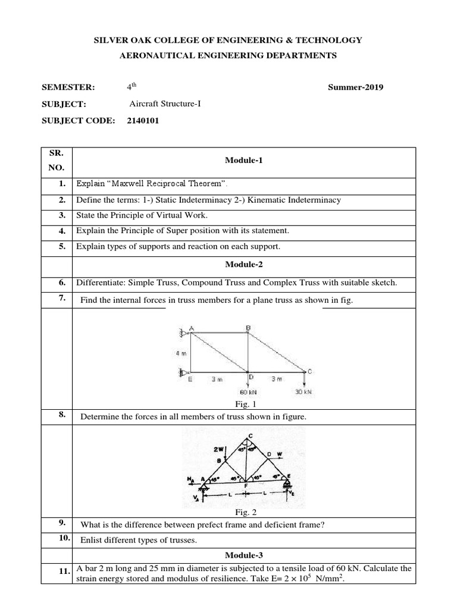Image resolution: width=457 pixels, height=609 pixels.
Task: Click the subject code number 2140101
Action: (143, 121)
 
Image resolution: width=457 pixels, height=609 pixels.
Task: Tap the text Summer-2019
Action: (356, 87)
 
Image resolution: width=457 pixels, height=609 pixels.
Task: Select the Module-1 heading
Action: (242, 161)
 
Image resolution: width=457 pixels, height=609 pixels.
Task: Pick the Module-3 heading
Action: (242, 554)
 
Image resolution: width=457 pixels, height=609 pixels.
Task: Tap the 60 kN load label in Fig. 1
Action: (247, 393)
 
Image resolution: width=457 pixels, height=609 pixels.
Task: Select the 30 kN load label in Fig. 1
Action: (303, 393)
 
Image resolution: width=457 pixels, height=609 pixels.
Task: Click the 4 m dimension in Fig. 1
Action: (180, 353)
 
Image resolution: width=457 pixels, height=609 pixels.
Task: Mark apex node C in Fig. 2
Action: (250, 436)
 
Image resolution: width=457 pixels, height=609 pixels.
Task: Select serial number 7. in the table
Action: (61, 298)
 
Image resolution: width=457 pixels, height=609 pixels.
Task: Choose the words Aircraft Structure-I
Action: (165, 104)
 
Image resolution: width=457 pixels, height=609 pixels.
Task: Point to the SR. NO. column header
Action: (56, 161)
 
